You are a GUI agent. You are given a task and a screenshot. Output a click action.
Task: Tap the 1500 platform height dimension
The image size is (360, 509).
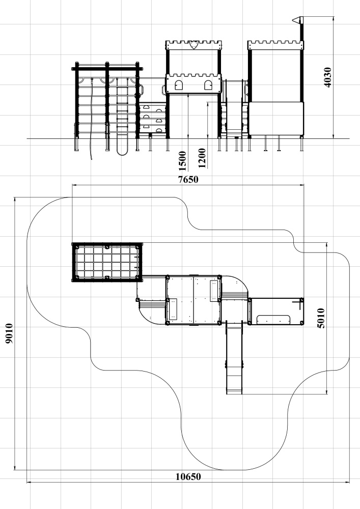(182, 161)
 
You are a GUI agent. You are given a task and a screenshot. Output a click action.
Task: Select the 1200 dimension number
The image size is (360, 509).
(202, 158)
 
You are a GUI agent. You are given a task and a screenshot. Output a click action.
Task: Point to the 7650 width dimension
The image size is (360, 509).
(188, 179)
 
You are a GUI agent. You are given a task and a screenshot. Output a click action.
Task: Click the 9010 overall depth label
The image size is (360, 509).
(9, 333)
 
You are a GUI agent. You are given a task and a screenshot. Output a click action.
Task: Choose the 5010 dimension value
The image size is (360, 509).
(321, 318)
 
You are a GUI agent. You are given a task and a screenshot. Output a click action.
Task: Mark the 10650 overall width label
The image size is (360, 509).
(188, 476)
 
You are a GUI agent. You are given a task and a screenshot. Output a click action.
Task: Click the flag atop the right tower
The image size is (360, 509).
(297, 20)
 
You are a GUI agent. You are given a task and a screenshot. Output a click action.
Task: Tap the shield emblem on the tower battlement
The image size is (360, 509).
(194, 45)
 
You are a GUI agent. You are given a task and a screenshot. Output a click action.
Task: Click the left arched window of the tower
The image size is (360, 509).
(179, 85)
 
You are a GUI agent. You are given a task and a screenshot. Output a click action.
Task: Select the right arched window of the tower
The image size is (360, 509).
(208, 85)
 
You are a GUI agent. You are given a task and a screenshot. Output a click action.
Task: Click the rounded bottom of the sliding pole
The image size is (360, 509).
(122, 151)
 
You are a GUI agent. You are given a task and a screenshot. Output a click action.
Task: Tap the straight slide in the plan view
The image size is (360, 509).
(234, 357)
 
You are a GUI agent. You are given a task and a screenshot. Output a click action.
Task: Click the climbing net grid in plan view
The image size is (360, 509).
(107, 262)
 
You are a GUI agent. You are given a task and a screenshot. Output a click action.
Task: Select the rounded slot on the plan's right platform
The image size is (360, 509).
(273, 320)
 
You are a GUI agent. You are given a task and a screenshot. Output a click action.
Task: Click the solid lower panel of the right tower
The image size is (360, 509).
(276, 119)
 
